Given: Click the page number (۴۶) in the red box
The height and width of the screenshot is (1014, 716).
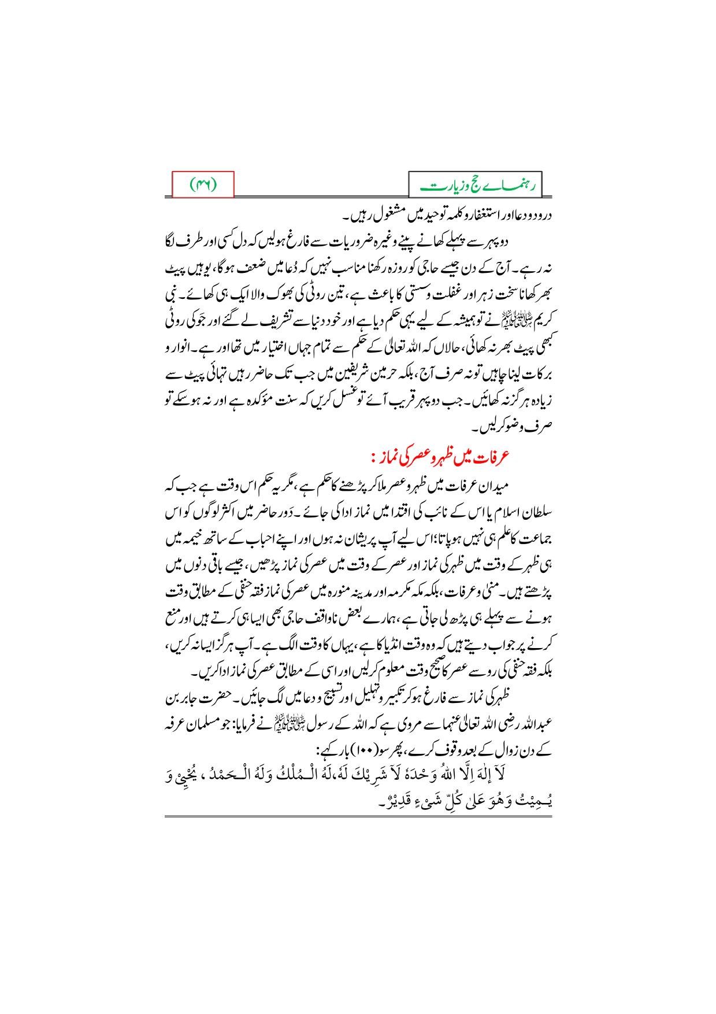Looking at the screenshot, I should point(203,185).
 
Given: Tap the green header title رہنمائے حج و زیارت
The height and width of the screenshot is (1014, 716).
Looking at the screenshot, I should point(478,186).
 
